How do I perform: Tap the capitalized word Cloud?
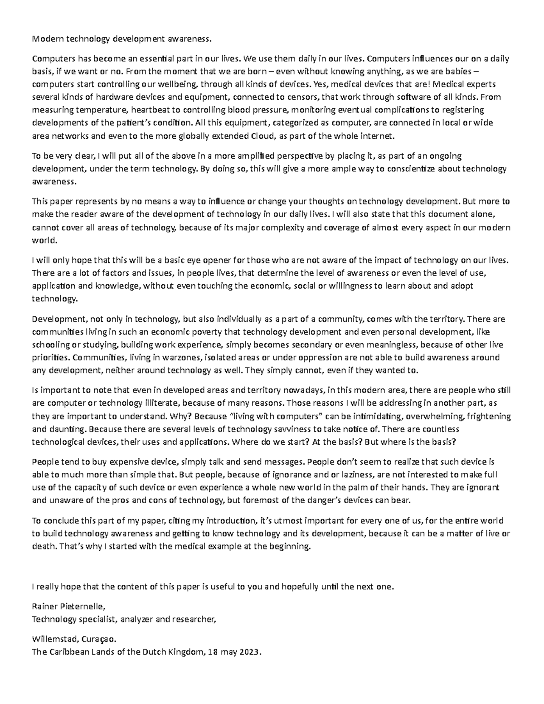point(262,136)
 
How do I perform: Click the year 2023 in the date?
point(251,652)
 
